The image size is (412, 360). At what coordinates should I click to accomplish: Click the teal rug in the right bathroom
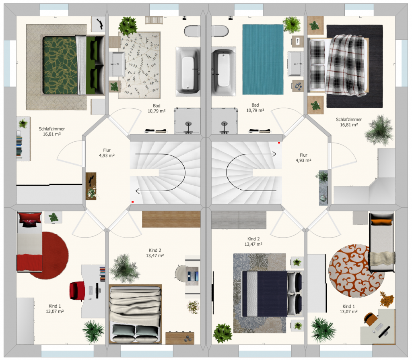263,60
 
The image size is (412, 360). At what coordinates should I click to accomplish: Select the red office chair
77,290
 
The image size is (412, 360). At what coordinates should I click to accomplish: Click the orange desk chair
370,319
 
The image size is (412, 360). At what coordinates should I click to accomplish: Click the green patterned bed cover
60,65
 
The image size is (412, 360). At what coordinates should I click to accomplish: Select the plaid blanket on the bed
346,65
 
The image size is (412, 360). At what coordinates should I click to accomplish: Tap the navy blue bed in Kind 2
272,294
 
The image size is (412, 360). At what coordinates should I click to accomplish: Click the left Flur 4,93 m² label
107,153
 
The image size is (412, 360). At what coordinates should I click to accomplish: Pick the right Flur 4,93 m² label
303,158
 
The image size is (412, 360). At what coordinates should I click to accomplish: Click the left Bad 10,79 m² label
157,108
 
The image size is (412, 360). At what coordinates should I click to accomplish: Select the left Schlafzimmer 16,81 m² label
52,131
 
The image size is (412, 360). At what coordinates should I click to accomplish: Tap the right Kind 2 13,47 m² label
253,241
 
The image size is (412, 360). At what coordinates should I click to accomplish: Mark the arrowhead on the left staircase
137,191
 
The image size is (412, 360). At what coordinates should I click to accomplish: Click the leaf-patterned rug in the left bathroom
139,65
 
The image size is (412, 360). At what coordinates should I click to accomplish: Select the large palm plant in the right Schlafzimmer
379,130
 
